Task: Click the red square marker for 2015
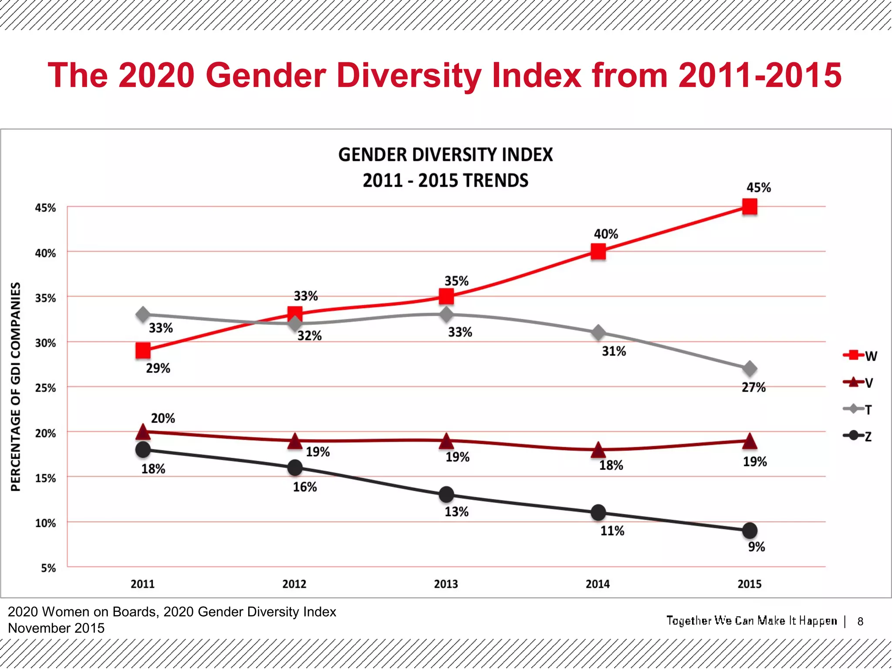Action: pos(750,206)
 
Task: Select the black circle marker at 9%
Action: pos(750,530)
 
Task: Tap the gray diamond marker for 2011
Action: pos(143,314)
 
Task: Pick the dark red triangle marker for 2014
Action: pos(598,449)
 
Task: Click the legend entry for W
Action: pos(860,356)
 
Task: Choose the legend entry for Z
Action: pos(858,436)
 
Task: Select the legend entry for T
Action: pos(858,409)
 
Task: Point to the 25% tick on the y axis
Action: pos(45,388)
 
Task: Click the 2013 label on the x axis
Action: pos(446,584)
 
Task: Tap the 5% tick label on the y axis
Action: pos(48,568)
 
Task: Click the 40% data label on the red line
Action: pos(606,234)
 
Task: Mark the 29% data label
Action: pos(158,368)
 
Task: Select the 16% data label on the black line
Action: pos(304,487)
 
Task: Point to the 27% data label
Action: pos(753,387)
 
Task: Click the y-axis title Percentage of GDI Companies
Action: pos(16,386)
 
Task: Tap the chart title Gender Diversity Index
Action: pos(445,155)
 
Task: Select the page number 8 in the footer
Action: pos(860,622)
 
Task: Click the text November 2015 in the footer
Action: pos(56,628)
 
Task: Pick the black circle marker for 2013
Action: pos(446,495)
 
